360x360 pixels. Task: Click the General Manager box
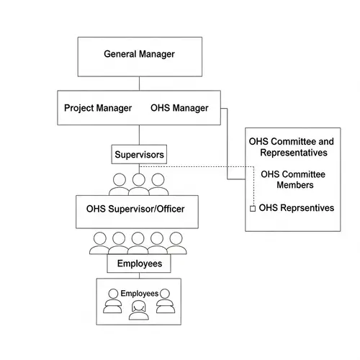[x=139, y=55]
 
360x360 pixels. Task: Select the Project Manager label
[x=98, y=108]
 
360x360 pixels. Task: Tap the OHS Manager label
[x=179, y=108]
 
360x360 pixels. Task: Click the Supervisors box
[x=140, y=154]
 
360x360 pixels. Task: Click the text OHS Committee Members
[x=292, y=179]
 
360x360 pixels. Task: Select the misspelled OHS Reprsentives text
[x=296, y=208]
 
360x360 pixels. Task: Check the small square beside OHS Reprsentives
[x=252, y=209]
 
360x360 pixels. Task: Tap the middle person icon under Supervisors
[x=139, y=184]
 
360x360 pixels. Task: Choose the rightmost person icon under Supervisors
[x=158, y=184]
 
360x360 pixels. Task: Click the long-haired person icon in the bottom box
[x=139, y=310]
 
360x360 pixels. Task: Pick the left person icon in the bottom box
[x=112, y=300]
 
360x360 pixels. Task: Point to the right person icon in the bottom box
[x=166, y=300]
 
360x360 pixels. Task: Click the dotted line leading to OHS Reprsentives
[x=202, y=166]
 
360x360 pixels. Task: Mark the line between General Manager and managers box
[x=139, y=82]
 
